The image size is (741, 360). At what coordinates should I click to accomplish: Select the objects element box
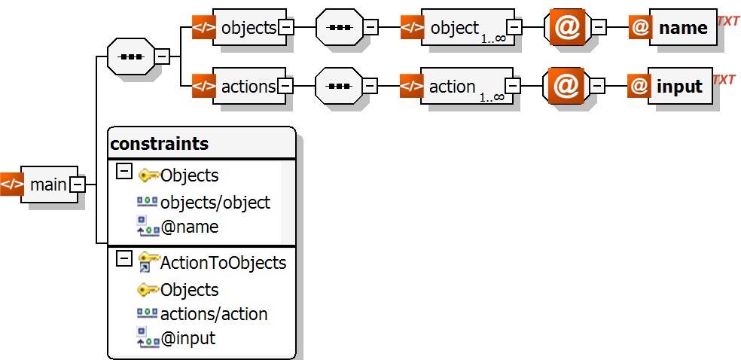pyautogui.click(x=249, y=28)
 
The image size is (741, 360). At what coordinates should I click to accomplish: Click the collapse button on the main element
pyautogui.click(x=77, y=184)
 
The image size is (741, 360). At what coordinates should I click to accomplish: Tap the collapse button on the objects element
pyautogui.click(x=286, y=28)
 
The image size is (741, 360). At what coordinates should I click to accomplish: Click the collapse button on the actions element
pyautogui.click(x=286, y=87)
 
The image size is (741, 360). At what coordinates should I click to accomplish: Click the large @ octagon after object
pyautogui.click(x=566, y=28)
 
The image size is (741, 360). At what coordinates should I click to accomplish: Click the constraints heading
pyautogui.click(x=160, y=143)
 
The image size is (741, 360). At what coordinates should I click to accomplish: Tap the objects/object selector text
pyautogui.click(x=215, y=202)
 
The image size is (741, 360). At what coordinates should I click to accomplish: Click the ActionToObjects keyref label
pyautogui.click(x=223, y=262)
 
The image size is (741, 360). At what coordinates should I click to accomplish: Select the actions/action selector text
pyautogui.click(x=213, y=314)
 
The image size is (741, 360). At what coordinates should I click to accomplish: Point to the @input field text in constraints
pyautogui.click(x=188, y=338)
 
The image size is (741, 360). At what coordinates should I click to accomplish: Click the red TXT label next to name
pyautogui.click(x=727, y=22)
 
